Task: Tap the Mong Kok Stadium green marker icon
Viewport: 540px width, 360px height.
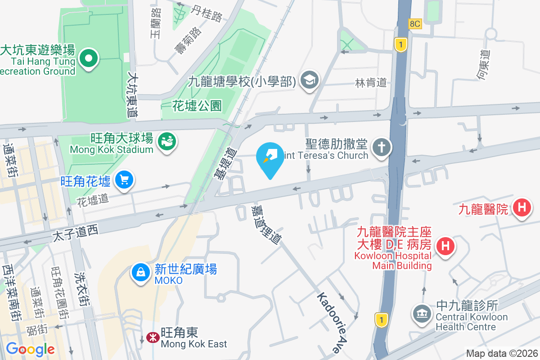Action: click(166, 142)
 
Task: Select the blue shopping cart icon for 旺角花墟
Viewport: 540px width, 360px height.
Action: click(123, 180)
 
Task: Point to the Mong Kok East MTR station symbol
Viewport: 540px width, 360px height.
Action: click(152, 337)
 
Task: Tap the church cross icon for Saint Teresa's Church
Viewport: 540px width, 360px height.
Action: click(381, 147)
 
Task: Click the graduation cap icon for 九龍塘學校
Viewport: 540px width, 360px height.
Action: click(310, 80)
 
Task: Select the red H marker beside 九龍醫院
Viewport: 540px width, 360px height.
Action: click(522, 208)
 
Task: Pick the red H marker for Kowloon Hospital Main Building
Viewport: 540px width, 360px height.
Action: click(445, 246)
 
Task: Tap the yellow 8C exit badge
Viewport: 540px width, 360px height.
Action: click(415, 24)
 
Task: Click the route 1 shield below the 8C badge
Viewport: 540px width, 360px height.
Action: click(400, 44)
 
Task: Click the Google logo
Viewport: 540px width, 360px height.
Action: click(30, 349)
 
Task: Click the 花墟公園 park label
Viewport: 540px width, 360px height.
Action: click(197, 106)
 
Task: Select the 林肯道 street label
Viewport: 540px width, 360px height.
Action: click(371, 83)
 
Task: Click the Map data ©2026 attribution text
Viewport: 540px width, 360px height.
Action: click(502, 353)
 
